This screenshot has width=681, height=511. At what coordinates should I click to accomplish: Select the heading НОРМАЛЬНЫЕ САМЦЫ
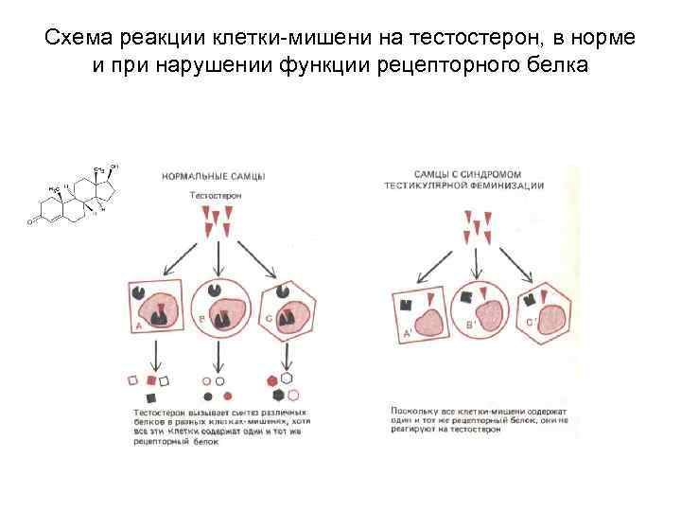click(x=214, y=177)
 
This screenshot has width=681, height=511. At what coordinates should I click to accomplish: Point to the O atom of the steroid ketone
click(x=30, y=223)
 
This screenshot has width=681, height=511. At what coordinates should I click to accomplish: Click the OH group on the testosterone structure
click(x=114, y=167)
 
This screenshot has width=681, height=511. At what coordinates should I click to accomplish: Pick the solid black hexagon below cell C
click(x=273, y=380)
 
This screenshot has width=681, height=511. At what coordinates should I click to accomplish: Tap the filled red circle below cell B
click(x=218, y=381)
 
